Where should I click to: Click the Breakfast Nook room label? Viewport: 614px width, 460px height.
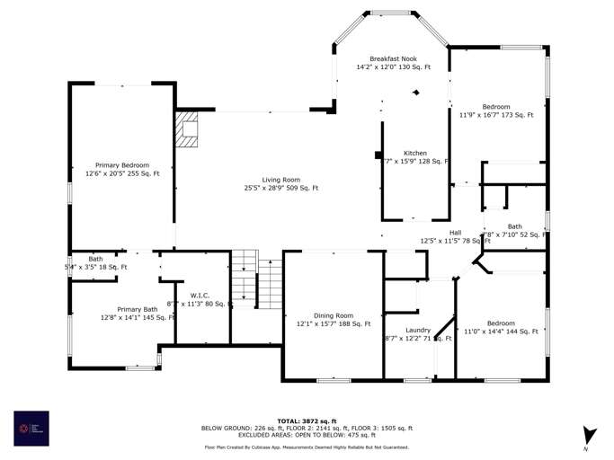393,58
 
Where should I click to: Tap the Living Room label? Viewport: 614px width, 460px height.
280,180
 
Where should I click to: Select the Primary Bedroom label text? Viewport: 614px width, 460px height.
122,165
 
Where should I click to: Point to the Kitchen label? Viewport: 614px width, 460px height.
414,153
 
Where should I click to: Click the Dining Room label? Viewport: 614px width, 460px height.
333,315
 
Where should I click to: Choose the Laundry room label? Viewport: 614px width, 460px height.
418,330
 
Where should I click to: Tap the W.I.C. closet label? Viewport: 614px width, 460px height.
200,296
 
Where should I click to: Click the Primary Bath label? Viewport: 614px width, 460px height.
137,309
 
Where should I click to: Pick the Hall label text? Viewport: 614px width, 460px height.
455,232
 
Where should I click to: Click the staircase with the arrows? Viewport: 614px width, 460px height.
245,278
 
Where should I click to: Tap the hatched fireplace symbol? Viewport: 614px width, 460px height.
187,128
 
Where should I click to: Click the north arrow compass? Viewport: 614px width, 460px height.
589,436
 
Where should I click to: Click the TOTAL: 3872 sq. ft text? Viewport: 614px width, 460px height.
307,420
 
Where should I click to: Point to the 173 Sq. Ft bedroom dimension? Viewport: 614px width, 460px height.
496,115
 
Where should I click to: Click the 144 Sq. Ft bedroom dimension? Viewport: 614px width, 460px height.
501,332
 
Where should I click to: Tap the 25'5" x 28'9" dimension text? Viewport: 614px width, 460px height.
280,188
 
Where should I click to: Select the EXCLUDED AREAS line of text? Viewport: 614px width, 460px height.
307,435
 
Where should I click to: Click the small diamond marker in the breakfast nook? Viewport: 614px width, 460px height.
415,93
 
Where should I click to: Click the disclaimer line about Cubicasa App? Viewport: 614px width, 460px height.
307,447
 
